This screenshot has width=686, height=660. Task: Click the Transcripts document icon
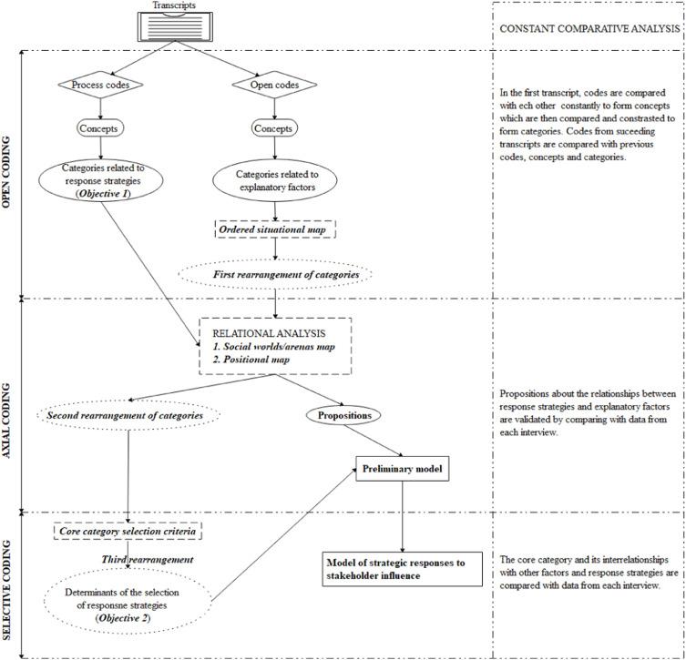(175, 26)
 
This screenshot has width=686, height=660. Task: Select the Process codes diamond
(100, 85)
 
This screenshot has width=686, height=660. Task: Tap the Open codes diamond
(274, 85)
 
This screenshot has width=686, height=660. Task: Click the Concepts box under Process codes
(100, 128)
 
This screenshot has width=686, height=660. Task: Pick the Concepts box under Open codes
(274, 128)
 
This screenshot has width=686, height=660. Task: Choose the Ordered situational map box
(275, 229)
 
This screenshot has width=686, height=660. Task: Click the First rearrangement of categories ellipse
(275, 275)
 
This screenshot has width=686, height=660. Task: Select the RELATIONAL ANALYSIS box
(275, 346)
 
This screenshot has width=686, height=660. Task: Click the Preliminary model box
(403, 469)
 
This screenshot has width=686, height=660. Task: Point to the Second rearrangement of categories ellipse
(128, 415)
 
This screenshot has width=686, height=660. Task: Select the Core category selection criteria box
(128, 532)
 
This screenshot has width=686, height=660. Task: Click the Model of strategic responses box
(403, 569)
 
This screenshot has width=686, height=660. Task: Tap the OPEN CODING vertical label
(6, 172)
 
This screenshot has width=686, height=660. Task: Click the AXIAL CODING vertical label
(6, 421)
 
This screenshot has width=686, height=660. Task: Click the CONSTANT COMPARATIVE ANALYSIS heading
(589, 29)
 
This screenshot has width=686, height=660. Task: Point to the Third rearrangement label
(148, 560)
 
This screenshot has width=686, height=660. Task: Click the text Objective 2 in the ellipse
(123, 618)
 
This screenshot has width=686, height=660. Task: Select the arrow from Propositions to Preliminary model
(374, 441)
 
